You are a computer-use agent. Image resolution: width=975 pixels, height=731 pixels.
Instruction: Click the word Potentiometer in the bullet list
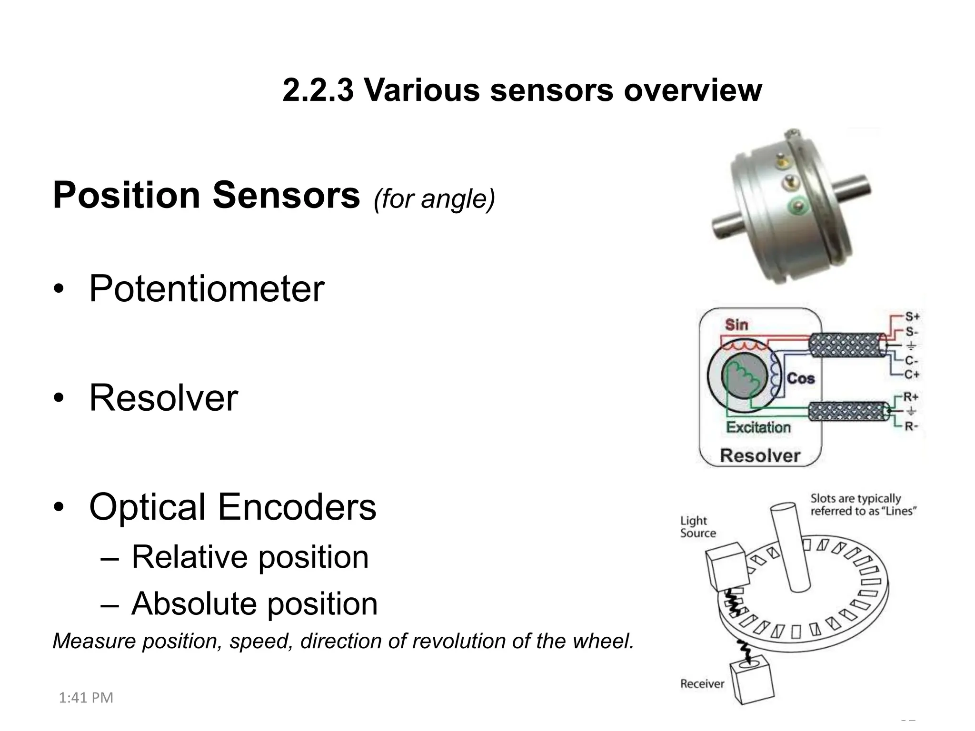(207, 289)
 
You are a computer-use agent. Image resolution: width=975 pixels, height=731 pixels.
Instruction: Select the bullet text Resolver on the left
(163, 398)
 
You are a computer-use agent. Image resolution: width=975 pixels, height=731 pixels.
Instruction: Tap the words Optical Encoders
(232, 507)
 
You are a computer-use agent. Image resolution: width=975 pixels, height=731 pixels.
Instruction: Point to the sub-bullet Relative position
(250, 557)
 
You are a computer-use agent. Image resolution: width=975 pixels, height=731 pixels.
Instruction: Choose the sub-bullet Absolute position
(254, 603)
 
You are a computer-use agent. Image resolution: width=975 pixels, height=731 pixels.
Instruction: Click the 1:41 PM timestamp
(86, 698)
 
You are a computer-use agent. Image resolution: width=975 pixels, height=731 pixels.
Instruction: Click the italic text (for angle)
(434, 198)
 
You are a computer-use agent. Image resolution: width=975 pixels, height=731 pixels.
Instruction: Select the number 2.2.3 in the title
(318, 89)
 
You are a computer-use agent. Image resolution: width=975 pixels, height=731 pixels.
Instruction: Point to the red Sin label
(736, 325)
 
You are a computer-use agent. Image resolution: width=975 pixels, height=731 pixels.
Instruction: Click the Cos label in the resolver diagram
(801, 378)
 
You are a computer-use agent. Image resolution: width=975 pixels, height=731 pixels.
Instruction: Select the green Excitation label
(758, 427)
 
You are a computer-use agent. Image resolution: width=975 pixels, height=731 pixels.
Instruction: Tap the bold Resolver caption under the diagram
(760, 455)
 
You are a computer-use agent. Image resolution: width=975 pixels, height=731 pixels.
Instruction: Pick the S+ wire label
(912, 316)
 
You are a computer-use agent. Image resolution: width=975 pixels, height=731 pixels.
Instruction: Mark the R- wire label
(911, 426)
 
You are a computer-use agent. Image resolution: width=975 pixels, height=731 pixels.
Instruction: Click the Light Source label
(697, 527)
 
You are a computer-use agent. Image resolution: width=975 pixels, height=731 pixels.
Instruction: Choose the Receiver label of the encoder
(702, 684)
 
